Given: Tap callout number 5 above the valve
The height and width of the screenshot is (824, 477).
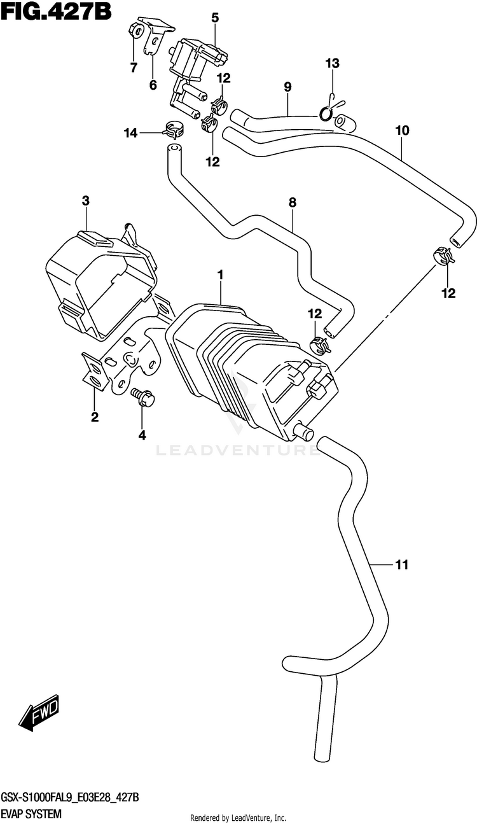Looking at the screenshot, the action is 215,18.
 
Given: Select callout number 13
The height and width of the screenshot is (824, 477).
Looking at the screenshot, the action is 332,63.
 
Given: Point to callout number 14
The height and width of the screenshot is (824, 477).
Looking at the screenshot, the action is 130,133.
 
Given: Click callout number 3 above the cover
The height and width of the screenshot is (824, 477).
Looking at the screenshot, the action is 85,201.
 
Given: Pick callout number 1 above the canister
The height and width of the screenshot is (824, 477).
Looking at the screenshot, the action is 220,274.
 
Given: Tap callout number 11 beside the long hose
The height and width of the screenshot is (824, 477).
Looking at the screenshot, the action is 402,564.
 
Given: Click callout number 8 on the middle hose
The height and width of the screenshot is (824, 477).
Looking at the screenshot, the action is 293,202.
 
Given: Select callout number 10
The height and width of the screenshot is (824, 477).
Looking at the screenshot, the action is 403,130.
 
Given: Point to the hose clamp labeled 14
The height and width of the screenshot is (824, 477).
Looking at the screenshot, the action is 173,130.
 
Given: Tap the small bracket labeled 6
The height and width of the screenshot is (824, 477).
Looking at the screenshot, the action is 156,36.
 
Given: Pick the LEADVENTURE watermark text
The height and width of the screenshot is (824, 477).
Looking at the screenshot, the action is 238,450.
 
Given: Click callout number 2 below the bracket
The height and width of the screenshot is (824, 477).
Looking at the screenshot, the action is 95,417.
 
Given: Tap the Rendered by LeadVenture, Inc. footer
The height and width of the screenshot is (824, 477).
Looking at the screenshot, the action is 238,818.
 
